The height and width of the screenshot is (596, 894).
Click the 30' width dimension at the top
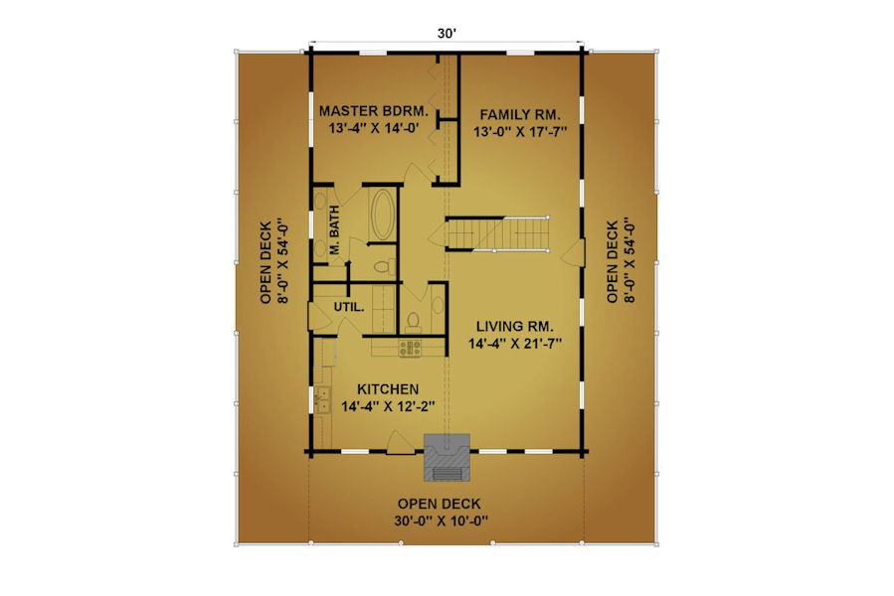447,34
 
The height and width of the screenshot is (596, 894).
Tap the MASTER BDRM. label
374,110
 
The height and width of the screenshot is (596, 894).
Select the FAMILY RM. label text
520,114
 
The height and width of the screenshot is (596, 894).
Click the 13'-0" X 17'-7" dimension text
520,132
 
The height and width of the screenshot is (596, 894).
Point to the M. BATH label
335,229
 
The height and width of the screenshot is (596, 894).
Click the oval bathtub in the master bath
382,214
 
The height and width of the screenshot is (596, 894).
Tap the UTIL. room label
349,307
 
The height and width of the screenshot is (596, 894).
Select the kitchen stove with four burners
410,348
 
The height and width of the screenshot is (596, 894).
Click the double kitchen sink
323,399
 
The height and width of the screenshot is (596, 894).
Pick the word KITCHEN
388,389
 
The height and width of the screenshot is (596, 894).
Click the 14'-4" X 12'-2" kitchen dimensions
388,406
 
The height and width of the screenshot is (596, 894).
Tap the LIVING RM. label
515,327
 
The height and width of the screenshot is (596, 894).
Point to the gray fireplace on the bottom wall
447,458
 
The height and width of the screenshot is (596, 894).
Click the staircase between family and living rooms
497,233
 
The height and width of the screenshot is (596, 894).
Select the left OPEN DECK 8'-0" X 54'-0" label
274,262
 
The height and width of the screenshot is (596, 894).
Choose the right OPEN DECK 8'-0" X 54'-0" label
621,261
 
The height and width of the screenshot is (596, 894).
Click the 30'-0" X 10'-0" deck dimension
441,521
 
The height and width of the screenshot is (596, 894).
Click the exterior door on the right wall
575,253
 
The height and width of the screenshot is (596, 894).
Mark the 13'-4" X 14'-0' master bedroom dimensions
374,127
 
